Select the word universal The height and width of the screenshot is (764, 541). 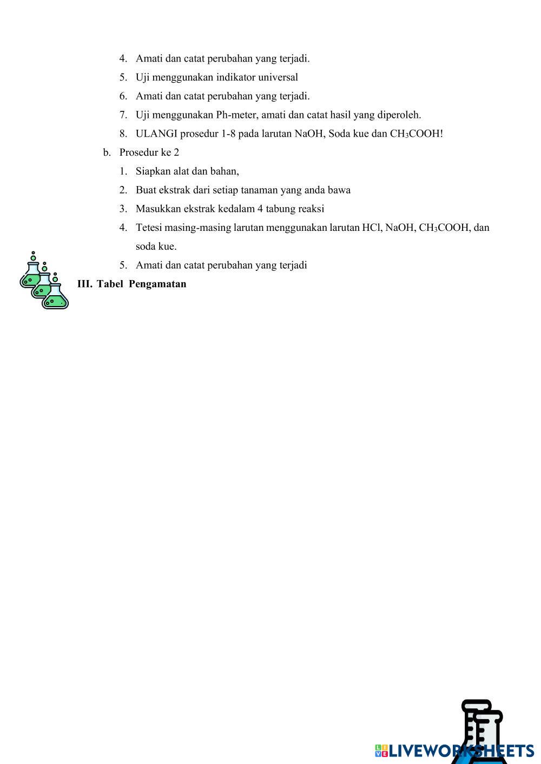(x=278, y=77)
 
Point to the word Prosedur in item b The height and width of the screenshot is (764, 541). (x=138, y=152)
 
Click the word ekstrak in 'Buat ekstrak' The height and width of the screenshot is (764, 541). (x=175, y=190)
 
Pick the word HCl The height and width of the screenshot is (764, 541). (x=372, y=228)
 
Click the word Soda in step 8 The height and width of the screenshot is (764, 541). (x=339, y=134)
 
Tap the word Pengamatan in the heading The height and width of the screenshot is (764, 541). (x=157, y=284)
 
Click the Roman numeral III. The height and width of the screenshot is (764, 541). (x=84, y=284)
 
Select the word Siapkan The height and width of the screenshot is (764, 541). (x=153, y=171)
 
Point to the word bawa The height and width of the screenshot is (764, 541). (x=339, y=190)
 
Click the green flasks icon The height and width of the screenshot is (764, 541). (x=44, y=280)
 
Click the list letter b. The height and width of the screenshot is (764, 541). (x=107, y=152)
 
